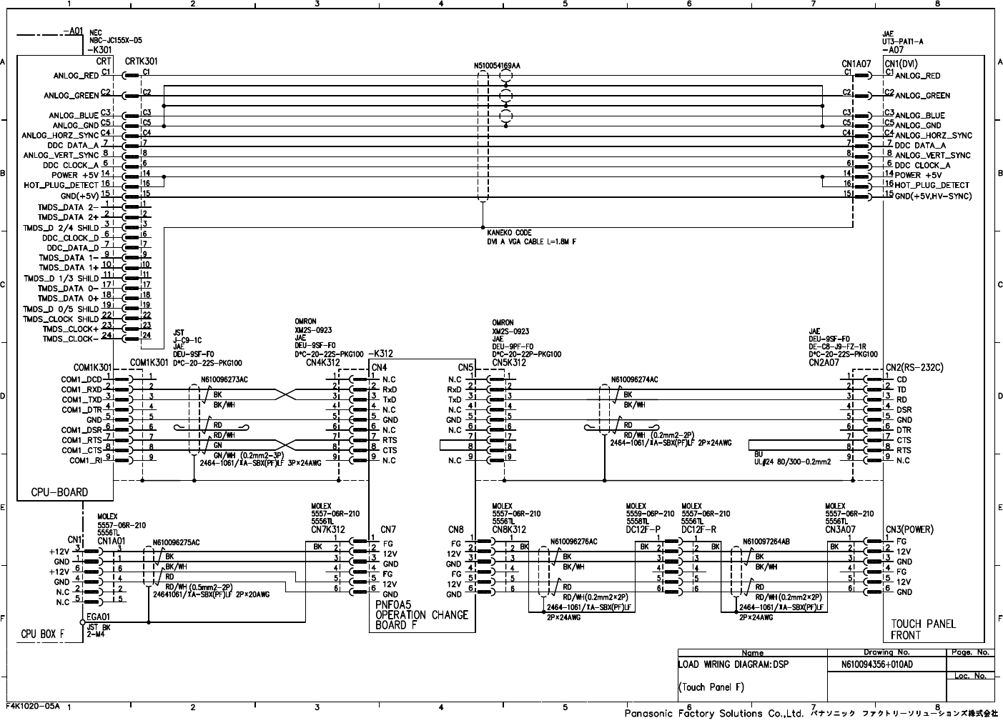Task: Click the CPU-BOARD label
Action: pyautogui.click(x=59, y=492)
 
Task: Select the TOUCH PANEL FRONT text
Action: pyautogui.click(x=923, y=629)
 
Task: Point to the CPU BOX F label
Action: pyautogui.click(x=42, y=634)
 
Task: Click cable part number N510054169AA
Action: pyautogui.click(x=497, y=66)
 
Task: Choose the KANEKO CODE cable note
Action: pyautogui.click(x=509, y=233)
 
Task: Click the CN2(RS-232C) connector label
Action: pyautogui.click(x=914, y=368)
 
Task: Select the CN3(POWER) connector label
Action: pyautogui.click(x=909, y=529)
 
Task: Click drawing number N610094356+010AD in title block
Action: pyautogui.click(x=877, y=664)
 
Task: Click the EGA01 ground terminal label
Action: pyautogui.click(x=98, y=616)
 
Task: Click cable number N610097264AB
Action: pyautogui.click(x=766, y=542)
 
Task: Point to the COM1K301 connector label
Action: pyautogui.click(x=92, y=367)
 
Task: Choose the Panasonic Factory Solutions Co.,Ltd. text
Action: pyautogui.click(x=714, y=714)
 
